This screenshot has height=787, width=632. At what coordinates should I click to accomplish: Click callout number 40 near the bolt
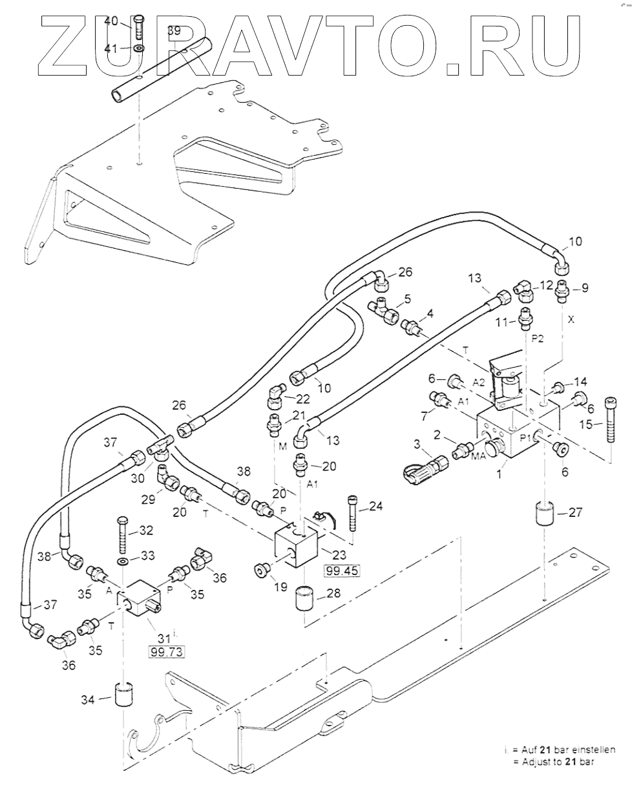coord(111,21)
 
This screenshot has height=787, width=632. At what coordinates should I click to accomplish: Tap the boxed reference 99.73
coord(166,652)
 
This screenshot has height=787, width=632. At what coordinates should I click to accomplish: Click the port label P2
coord(538,337)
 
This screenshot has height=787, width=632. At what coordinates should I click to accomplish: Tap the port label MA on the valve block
coord(479,456)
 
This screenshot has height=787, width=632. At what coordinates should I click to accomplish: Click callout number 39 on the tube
coord(174,30)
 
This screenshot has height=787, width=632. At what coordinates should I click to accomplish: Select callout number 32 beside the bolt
coord(146,530)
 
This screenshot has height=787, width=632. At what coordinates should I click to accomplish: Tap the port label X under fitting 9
coord(570,319)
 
